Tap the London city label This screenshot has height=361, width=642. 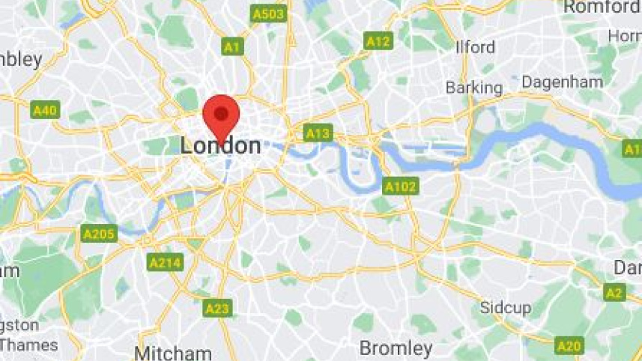click(221, 145)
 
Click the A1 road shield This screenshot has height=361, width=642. click(233, 47)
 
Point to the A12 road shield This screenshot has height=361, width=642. click(378, 41)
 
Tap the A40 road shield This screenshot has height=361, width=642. click(45, 111)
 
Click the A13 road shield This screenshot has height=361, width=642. click(318, 133)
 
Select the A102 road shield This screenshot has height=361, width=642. click(400, 186)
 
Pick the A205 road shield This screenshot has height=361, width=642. click(100, 234)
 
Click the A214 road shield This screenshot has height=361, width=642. click(165, 263)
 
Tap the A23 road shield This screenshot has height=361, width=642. click(217, 308)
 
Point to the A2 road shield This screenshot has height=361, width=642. click(614, 293)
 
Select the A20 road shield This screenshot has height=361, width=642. click(569, 345)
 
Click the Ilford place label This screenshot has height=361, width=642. click(476, 47)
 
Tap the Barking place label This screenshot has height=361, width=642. click(474, 88)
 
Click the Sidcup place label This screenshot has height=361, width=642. click(506, 308)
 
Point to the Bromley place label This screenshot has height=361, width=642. click(396, 348)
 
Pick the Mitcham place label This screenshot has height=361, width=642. click(173, 353)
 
